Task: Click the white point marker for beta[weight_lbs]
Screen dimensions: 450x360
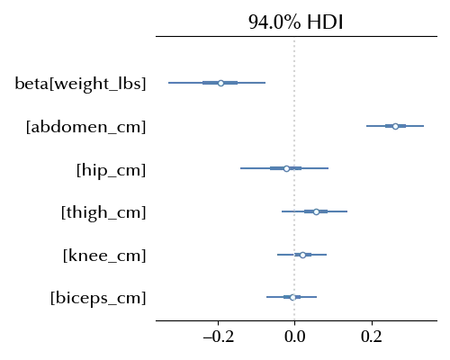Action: [220, 83]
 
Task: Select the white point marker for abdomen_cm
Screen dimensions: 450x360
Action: [395, 126]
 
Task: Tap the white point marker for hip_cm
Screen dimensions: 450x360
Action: [286, 168]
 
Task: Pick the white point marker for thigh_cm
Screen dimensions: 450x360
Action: [316, 211]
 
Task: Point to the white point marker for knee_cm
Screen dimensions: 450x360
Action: [302, 255]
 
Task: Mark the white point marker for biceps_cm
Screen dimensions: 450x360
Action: [292, 297]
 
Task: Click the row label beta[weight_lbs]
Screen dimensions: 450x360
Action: [80, 84]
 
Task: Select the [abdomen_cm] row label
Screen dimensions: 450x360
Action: [86, 127]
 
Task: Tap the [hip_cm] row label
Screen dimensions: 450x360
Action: [112, 170]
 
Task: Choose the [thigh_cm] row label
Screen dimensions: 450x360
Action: [103, 212]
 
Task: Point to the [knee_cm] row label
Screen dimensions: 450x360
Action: [104, 256]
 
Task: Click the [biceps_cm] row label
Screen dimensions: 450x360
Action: [98, 299]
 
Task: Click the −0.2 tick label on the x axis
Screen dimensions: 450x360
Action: [219, 337]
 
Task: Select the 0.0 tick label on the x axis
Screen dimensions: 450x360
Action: [295, 337]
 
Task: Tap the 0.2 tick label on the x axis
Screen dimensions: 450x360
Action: [372, 337]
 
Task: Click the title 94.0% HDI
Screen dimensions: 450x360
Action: [296, 22]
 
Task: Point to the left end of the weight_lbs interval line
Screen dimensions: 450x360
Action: [168, 83]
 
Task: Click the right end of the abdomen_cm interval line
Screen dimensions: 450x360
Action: [424, 126]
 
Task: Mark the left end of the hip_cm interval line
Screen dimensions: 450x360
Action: [240, 168]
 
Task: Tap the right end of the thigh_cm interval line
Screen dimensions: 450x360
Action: [347, 211]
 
